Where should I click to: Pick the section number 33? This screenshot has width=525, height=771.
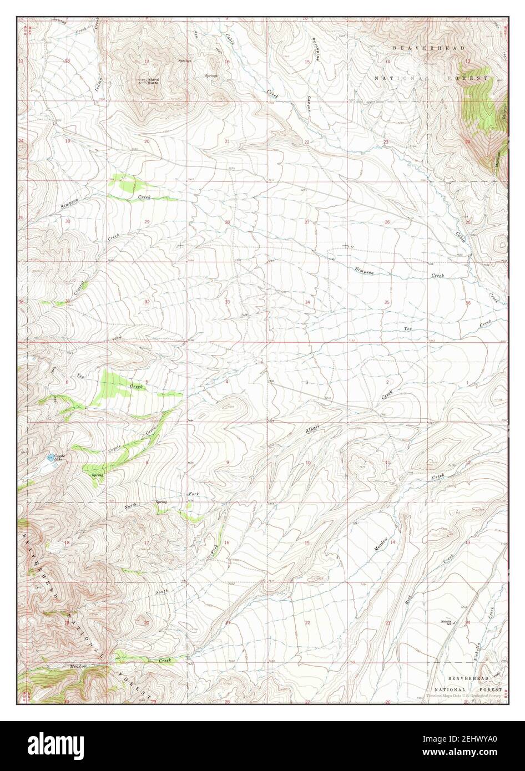tap(227, 302)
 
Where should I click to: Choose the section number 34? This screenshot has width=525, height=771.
tap(307, 302)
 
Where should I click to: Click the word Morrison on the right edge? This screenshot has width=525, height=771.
tap(498, 160)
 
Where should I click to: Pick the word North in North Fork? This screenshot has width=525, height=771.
tap(130, 505)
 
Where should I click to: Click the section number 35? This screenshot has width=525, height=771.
tap(387, 302)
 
